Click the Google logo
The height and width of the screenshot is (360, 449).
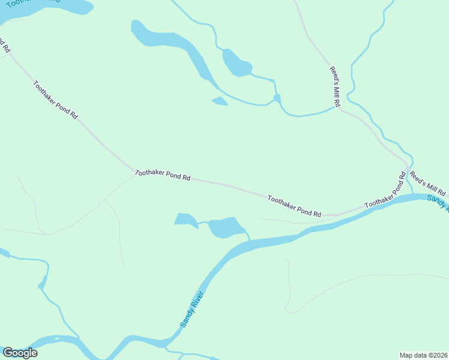(x=20, y=353)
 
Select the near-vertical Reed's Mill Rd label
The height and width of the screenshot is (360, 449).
(x=336, y=86)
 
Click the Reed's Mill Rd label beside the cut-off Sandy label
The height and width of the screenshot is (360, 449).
(x=428, y=184)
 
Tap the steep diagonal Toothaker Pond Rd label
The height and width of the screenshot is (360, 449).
(x=56, y=100)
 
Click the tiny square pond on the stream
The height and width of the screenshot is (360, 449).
(x=277, y=98)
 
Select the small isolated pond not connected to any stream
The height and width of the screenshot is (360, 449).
(x=220, y=101)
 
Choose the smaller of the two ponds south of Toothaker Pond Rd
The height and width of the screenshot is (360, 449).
(x=185, y=220)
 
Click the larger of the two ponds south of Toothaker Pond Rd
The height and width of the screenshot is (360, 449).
(x=226, y=227)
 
